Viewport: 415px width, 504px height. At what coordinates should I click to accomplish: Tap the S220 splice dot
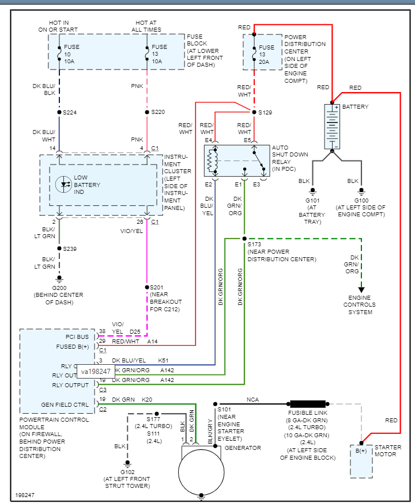(147, 112)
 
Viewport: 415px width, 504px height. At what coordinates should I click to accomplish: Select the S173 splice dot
(244, 238)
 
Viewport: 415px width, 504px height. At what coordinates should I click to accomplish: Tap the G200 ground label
(58, 288)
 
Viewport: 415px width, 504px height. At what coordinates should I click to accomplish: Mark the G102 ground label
(127, 472)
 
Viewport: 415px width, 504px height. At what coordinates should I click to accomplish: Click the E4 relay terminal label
(209, 140)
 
